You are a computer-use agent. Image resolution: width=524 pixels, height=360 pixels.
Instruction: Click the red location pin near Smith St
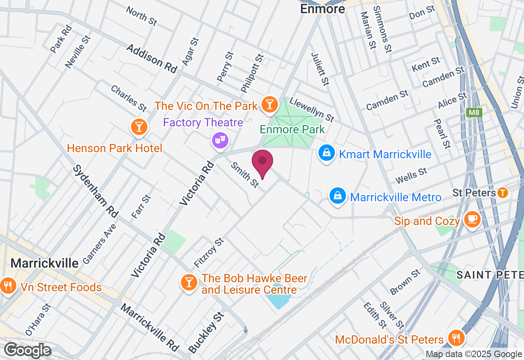coord(262,162)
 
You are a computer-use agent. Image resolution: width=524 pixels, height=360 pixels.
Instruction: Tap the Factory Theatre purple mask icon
coord(220,140)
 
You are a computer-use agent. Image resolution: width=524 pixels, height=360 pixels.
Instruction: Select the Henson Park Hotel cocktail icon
coord(139,127)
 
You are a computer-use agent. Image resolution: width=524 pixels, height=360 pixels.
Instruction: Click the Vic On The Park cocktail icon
coord(269,104)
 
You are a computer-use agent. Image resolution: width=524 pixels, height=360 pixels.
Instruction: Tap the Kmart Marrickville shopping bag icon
coord(327,153)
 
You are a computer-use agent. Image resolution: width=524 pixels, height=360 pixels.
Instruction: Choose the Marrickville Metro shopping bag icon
coord(337,196)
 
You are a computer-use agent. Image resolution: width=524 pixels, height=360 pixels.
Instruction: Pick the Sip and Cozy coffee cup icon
coord(472,220)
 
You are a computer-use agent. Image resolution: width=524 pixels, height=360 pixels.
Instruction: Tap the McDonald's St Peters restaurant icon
coord(455,338)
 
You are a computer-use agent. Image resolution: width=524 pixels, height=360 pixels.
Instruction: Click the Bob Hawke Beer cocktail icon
coord(189,282)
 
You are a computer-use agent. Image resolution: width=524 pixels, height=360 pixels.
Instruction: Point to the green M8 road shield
coord(474,112)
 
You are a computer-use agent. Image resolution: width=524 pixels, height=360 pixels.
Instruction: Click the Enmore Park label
coord(292,130)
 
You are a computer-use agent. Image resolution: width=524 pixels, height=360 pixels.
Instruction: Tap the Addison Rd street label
coord(151,59)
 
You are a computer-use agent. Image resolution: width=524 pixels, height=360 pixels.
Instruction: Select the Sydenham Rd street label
coord(95,191)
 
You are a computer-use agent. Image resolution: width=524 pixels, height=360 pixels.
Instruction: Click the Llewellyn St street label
coord(312,109)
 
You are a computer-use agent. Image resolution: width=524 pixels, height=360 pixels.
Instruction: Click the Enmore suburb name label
coord(323,9)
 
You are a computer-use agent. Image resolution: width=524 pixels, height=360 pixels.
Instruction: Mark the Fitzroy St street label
coord(209,252)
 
